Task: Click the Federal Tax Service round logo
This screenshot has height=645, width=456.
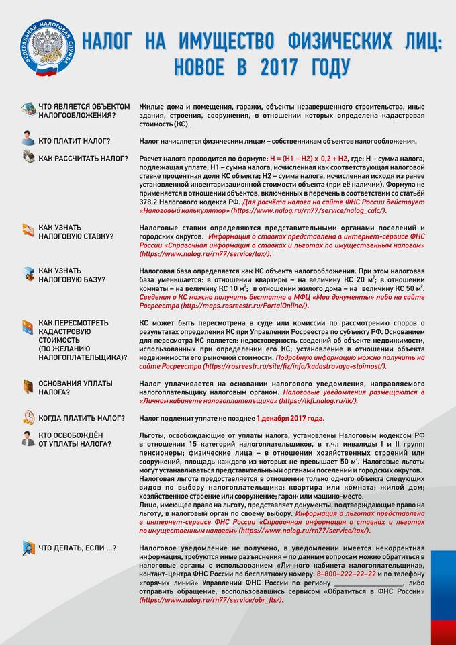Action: [47, 48]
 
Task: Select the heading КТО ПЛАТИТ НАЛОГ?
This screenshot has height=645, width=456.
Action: [75, 141]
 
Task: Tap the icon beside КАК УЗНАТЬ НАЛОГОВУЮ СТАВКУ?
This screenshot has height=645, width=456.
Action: [28, 230]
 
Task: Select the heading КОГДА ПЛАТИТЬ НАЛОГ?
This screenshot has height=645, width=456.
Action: [81, 418]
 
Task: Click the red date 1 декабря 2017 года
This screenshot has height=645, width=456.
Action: [290, 418]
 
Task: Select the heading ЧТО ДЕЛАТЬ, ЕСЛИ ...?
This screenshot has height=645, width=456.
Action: [77, 548]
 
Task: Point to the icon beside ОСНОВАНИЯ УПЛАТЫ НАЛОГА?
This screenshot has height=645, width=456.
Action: [28, 387]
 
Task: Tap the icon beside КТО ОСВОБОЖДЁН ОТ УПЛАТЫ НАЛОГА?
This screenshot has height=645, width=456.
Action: [28, 439]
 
